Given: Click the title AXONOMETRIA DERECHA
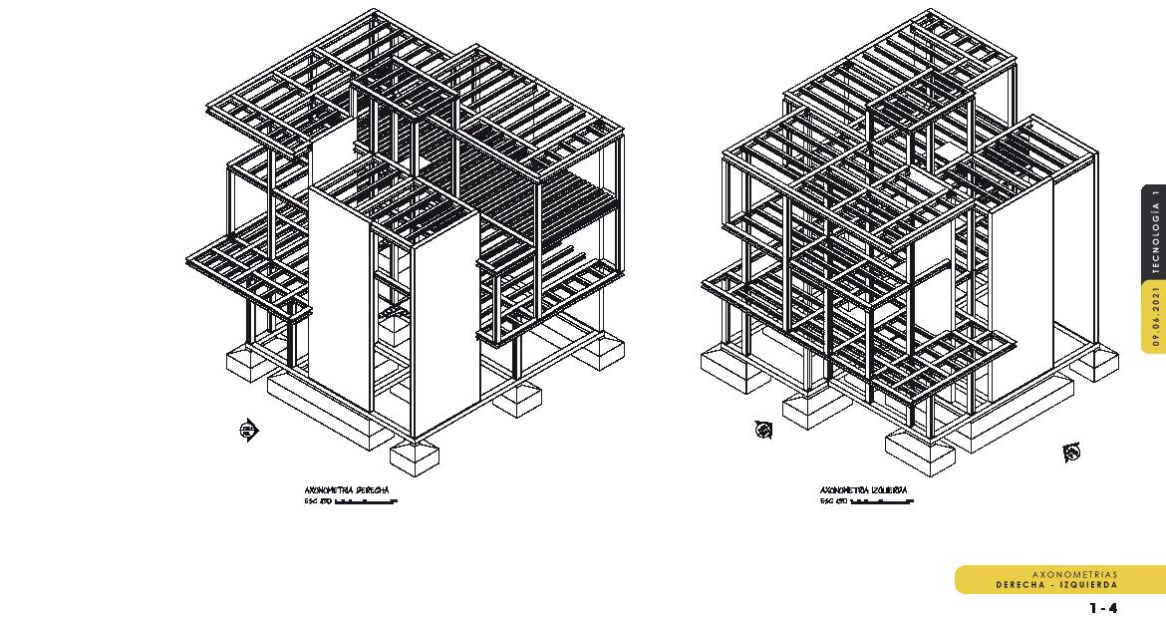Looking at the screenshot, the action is coord(346,490).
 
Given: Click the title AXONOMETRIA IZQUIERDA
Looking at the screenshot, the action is coord(863,490).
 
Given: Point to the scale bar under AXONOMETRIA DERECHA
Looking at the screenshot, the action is coord(366,502).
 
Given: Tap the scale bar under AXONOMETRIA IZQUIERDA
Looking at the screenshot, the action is coord(881,502).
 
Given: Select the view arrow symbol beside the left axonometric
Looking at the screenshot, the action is coord(249,431).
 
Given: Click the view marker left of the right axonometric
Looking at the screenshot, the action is coord(763,430).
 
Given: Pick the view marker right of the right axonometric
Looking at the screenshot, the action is coord(1071,454).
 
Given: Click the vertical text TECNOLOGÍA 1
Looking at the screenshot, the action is coord(1155,231).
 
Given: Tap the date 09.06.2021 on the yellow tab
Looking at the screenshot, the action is coord(1155,315).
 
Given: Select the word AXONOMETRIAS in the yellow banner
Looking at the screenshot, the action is coord(1074,575).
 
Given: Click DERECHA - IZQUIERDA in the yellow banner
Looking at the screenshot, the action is coord(1056,585).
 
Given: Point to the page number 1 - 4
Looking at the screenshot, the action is coord(1103,607).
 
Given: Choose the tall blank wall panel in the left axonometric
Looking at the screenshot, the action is coord(339,289).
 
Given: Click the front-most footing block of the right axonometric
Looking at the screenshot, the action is coord(919,454).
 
